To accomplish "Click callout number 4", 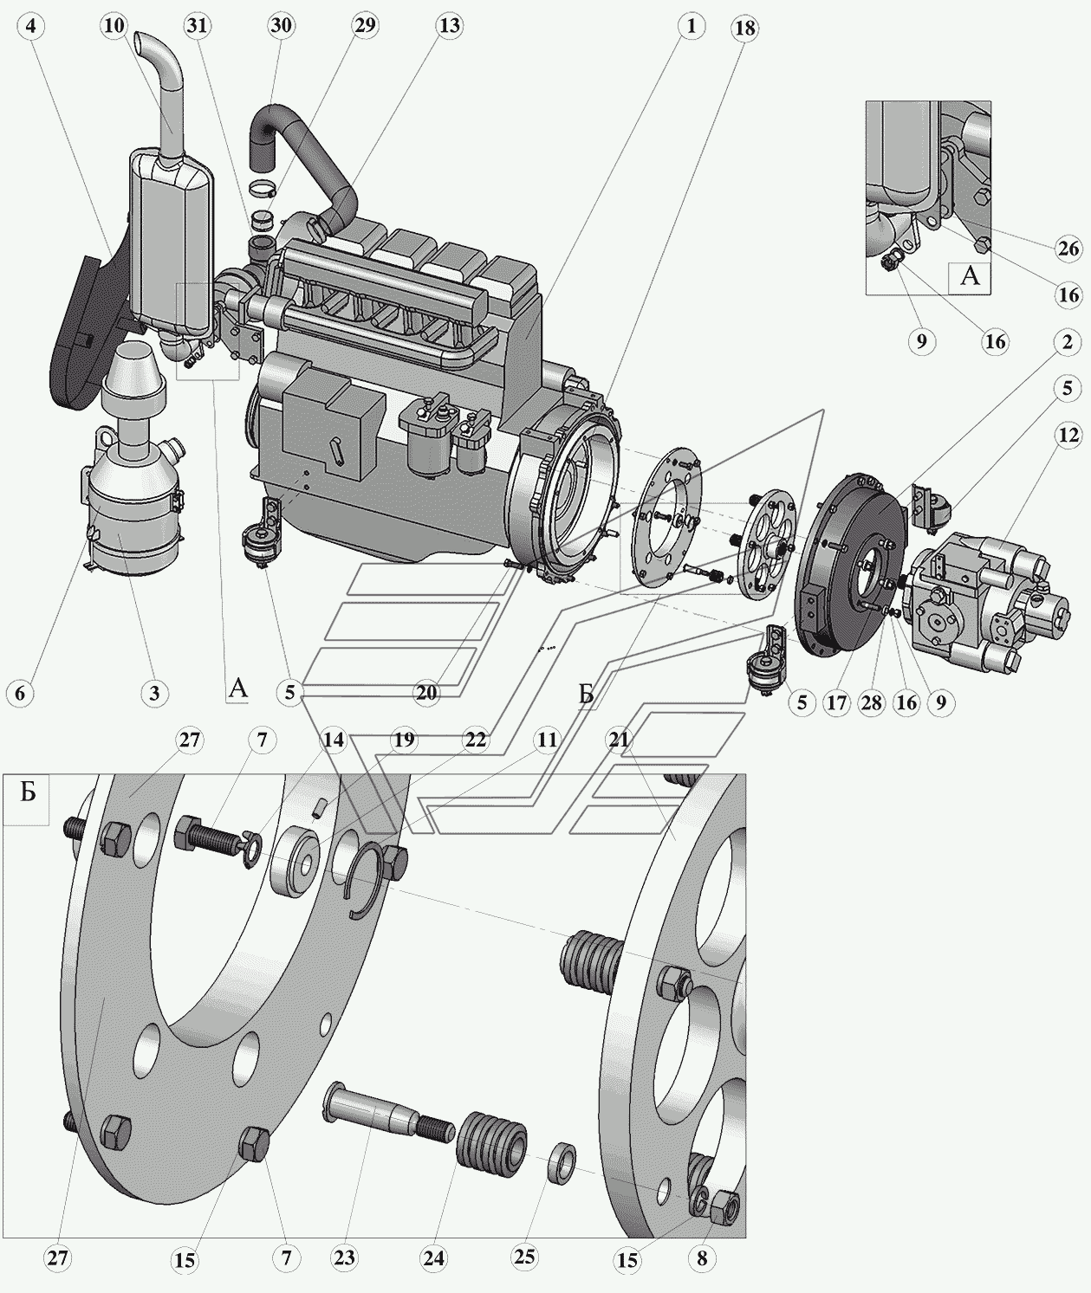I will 32,26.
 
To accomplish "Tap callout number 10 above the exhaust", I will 114,25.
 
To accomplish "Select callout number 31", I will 198,25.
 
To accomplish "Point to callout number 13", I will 449,25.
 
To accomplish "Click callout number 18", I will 744,29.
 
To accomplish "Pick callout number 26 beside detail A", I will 1068,249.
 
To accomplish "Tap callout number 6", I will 20,692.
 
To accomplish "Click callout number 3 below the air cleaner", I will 154,692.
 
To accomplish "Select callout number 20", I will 426,692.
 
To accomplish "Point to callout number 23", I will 344,1257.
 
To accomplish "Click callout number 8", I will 701,1257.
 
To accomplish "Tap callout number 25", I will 524,1257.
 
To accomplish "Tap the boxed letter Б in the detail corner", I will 27,793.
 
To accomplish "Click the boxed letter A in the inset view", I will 970,275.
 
